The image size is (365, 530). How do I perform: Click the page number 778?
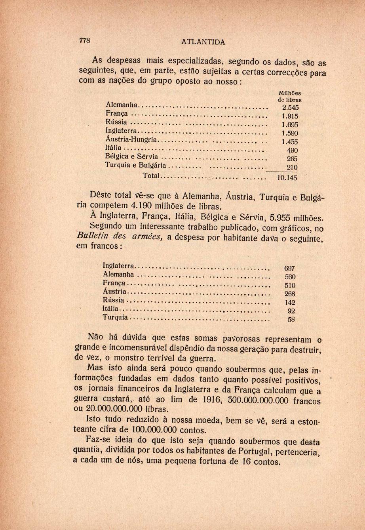[x=85, y=40]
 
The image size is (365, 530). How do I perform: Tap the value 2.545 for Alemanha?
[x=290, y=108]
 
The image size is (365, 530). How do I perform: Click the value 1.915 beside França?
[x=290, y=116]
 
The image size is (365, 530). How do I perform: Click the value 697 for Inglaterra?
[x=290, y=268]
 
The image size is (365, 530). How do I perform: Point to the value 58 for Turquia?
[x=292, y=320]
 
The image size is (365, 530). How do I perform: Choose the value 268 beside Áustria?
[x=290, y=294]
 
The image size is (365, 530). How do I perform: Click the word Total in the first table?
[x=150, y=175]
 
